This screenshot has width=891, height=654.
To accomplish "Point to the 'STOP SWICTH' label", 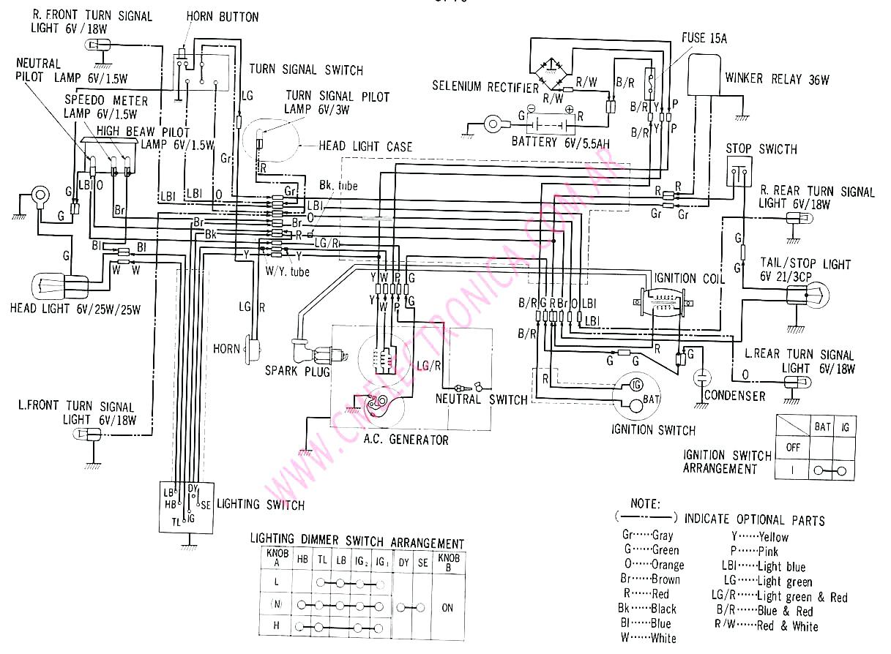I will tap(761, 149).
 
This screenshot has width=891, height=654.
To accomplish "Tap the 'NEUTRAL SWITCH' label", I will tap(481, 399).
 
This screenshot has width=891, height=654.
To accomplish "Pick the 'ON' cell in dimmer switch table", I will tap(448, 607).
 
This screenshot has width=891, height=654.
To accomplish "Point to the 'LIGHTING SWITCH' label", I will tap(259, 504).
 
